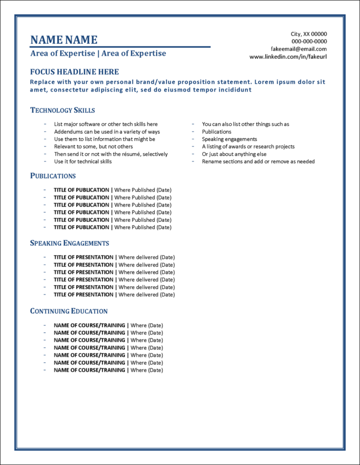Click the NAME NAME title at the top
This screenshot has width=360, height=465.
[x=64, y=40]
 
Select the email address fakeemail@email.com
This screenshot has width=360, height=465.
[x=299, y=49]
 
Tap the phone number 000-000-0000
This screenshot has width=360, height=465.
[x=309, y=42]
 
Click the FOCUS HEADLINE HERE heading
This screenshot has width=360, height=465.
[x=75, y=72]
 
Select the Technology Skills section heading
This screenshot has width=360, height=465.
[x=63, y=110]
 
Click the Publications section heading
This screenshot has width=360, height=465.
[x=53, y=176]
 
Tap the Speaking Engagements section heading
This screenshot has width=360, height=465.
[x=69, y=243]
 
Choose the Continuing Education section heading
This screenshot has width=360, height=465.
[x=69, y=311]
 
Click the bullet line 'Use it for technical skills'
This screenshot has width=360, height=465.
[x=83, y=161]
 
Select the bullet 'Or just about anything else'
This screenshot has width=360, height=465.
[x=234, y=154]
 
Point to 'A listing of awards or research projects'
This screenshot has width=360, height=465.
[x=248, y=146]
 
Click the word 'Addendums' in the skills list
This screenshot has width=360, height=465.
[x=69, y=132]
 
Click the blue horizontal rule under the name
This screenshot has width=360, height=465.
[x=120, y=47]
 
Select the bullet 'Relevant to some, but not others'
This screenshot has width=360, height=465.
[x=93, y=146]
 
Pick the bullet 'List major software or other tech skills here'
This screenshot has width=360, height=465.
[x=106, y=124]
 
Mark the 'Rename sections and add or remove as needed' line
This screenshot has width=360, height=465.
[x=258, y=161]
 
